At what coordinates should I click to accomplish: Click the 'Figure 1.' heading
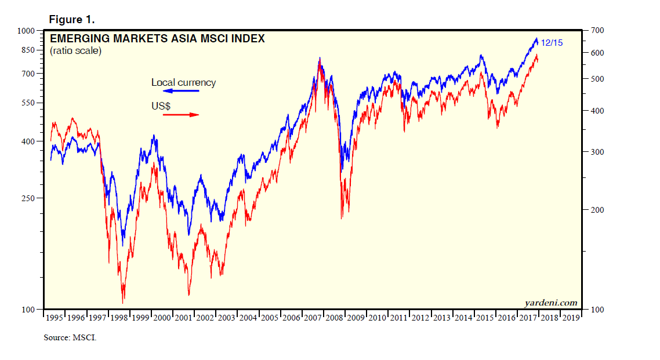tap(71, 19)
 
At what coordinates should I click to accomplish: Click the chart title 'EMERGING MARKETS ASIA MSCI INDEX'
tap(158, 39)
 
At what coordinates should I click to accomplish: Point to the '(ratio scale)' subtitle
tap(75, 51)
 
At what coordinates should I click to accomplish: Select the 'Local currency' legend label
tap(183, 82)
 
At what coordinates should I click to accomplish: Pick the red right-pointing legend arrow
tap(180, 115)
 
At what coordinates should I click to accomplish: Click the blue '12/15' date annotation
tap(552, 42)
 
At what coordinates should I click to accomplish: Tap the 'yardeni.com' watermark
tap(551, 303)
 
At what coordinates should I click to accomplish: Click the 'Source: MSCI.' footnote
tap(70, 337)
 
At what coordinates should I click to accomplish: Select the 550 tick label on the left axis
tap(28, 103)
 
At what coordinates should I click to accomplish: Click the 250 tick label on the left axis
tap(28, 198)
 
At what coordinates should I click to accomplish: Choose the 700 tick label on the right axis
tap(597, 30)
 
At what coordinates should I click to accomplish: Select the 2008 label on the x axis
tap(334, 318)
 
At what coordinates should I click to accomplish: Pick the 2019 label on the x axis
tap(570, 318)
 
